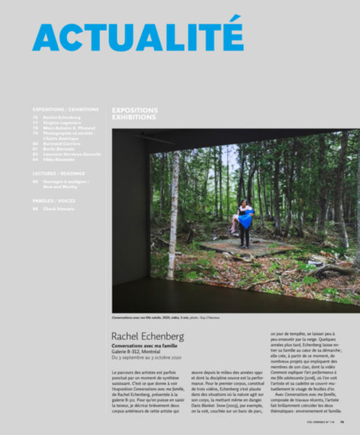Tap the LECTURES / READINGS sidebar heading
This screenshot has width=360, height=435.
point(58,174)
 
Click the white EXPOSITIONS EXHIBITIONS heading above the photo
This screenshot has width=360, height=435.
point(135,115)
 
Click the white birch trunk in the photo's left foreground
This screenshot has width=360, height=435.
point(174,210)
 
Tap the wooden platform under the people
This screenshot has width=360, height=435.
point(240,247)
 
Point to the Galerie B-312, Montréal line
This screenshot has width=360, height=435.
point(141,352)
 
